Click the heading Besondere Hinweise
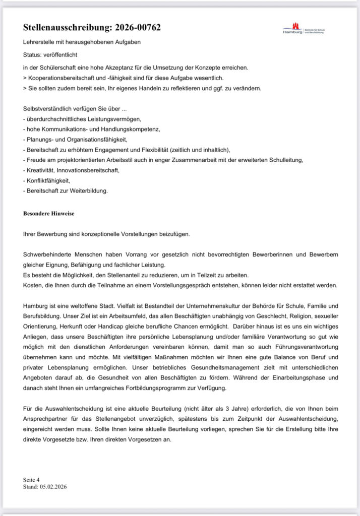(48, 214)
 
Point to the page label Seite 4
(31, 480)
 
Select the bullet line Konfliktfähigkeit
(47, 180)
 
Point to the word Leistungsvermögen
(114, 119)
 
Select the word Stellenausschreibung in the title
(64, 28)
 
